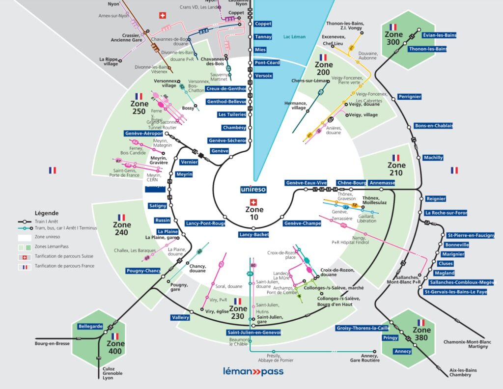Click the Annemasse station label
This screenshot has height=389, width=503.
(x=382, y=183)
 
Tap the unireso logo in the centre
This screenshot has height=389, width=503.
(x=253, y=189)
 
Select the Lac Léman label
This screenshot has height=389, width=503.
(x=294, y=36)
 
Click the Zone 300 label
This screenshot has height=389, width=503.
(x=393, y=38)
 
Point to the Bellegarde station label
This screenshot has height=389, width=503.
(x=90, y=326)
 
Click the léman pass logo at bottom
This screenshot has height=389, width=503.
(x=253, y=371)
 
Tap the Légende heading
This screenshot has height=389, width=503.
(x=47, y=213)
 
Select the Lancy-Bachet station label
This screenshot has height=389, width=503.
(x=254, y=235)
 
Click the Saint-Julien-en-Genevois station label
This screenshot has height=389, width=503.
(x=254, y=333)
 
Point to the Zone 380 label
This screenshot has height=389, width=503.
(x=421, y=333)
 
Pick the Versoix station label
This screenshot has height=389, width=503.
(x=263, y=76)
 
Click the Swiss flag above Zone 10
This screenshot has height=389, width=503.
(x=253, y=202)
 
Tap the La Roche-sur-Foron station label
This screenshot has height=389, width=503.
(x=446, y=213)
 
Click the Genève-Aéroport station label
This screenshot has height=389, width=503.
(x=143, y=134)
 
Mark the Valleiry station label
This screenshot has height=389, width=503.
(x=180, y=317)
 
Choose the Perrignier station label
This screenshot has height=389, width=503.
(x=410, y=97)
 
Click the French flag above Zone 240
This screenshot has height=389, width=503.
(x=121, y=217)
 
